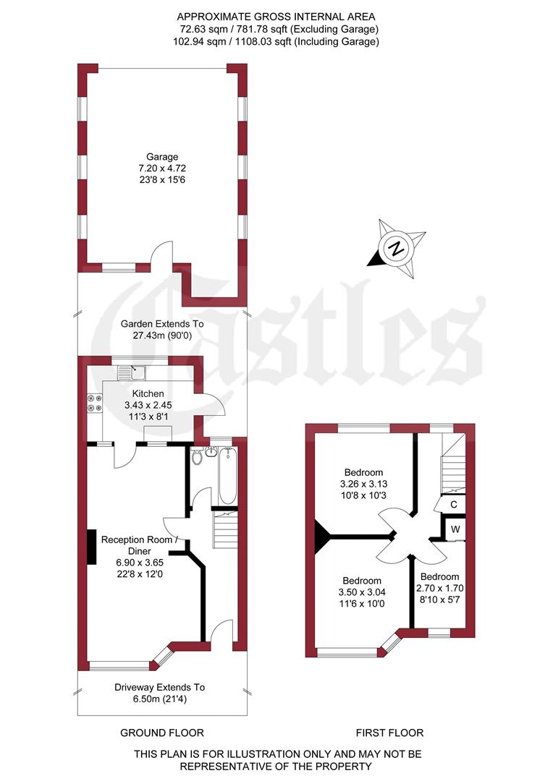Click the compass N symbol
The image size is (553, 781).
pos(396,249)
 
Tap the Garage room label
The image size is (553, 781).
pos(162,156)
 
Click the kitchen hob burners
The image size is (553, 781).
pos(93,402)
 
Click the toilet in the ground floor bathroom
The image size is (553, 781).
pos(197,456)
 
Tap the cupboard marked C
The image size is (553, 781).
pos(454,504)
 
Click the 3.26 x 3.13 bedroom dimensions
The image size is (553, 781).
pos(363,484)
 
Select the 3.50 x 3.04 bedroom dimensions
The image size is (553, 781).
pos(362,592)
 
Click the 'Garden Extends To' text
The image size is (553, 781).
pos(162,324)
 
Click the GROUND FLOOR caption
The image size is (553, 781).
pos(161,733)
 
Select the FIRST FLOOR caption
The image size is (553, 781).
pos(389,733)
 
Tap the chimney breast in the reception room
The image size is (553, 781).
pos(92,547)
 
